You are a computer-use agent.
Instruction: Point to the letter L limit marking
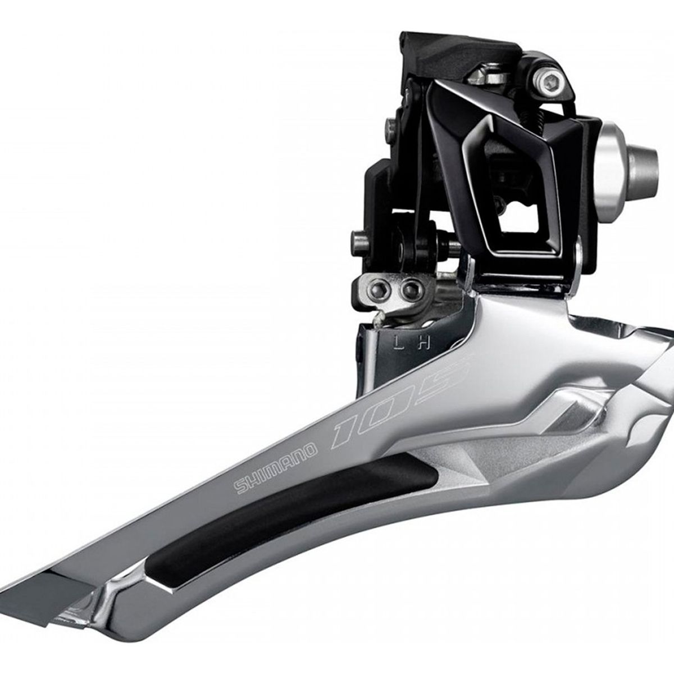pos(397,341)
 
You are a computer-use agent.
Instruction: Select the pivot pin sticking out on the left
pos(356,236)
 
